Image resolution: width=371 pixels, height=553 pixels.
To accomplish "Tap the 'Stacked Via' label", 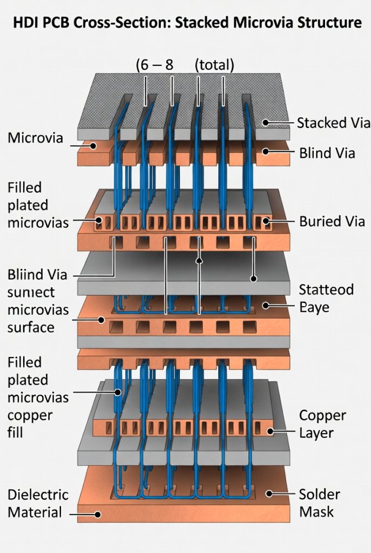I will [329, 123].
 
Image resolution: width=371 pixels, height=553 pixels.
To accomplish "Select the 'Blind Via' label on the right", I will [327, 153].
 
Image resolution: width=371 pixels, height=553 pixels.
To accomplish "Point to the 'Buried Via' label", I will [332, 221].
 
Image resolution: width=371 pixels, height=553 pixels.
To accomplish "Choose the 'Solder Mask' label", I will [319, 503].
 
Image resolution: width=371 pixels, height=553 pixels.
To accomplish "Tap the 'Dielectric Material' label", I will [38, 503].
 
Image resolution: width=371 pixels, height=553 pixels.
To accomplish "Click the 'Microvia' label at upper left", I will [35, 138].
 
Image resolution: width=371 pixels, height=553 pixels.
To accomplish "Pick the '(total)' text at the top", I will [214, 65].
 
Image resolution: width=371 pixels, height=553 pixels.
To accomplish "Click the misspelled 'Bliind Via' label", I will [38, 274].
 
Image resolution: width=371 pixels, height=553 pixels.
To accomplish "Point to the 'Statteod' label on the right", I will [326, 289].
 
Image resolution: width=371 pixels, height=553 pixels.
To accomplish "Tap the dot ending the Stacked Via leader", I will [265, 123].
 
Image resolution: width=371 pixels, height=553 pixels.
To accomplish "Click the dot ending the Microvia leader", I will [93, 145].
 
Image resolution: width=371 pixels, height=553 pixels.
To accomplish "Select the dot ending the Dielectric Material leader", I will [97, 515].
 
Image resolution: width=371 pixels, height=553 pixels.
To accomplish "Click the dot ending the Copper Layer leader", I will [269, 431].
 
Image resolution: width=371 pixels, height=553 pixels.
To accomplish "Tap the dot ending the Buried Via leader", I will [266, 221].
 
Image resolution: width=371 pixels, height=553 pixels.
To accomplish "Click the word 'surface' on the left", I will [31, 327].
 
